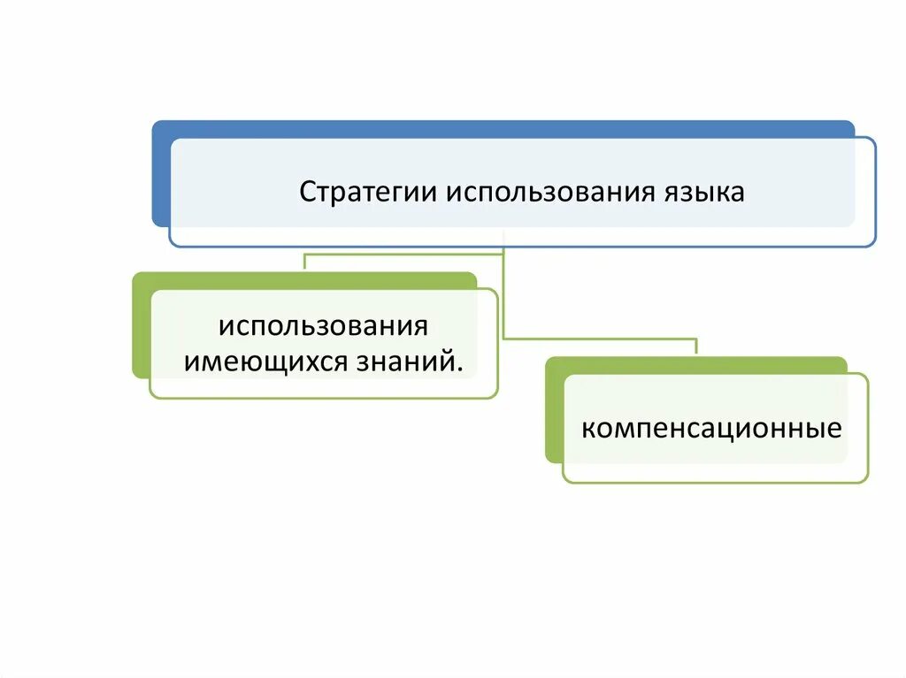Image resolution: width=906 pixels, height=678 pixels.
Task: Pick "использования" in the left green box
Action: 324,325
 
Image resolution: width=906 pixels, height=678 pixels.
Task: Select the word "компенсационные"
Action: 710,430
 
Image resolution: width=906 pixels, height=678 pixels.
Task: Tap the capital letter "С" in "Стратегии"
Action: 307,192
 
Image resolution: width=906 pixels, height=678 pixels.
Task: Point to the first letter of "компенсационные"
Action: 588,430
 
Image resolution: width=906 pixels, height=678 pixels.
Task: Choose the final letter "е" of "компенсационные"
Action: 833,430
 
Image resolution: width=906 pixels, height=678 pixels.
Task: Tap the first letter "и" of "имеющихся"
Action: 188,362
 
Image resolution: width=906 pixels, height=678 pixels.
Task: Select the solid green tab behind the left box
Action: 141,327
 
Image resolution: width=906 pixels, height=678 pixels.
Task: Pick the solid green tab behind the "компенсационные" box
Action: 554,411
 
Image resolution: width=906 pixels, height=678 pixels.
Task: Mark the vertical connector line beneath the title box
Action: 503,292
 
